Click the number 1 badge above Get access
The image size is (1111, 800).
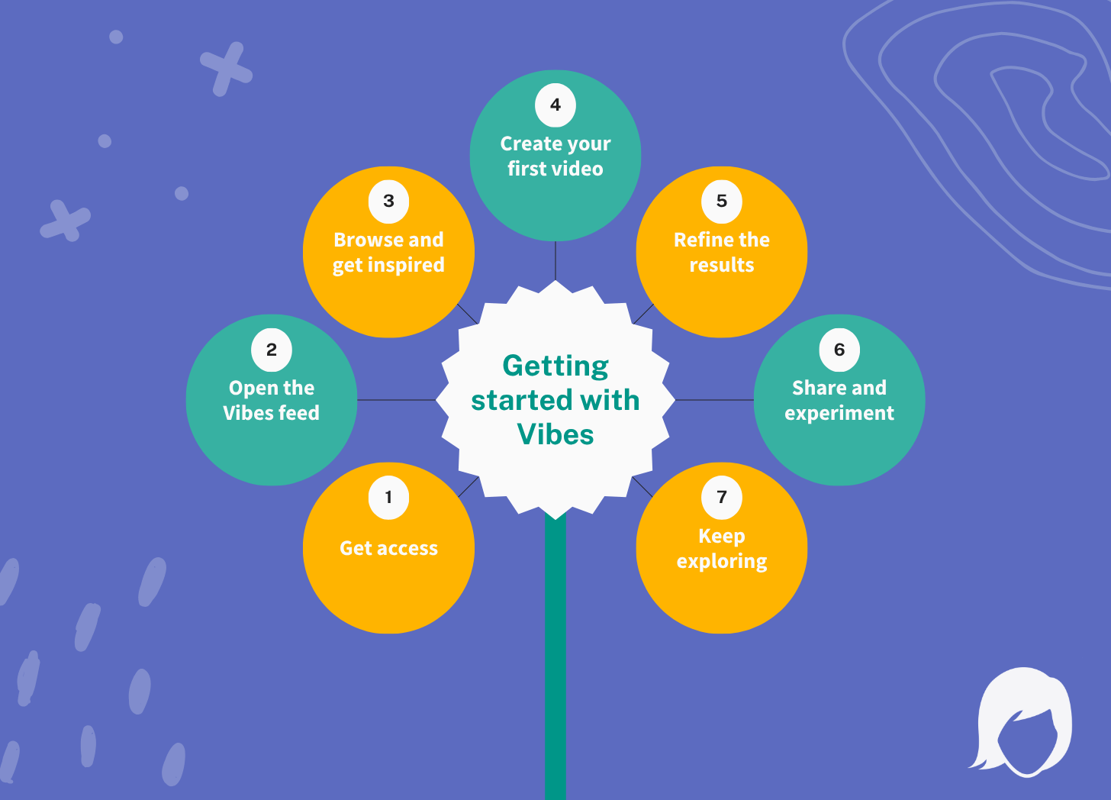[x=388, y=498]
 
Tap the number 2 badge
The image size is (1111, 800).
[x=272, y=350]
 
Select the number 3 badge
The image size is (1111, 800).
[x=388, y=202]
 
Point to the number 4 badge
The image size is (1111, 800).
[x=555, y=105]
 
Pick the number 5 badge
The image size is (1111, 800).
[x=722, y=202]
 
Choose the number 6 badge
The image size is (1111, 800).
[x=839, y=350]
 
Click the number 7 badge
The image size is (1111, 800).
[x=722, y=498]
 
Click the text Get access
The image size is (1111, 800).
[x=388, y=548]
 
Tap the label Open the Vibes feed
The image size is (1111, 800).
[x=272, y=400]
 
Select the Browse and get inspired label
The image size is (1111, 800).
[x=388, y=252]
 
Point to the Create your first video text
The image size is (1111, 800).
[x=555, y=156]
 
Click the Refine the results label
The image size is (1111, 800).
[x=722, y=252]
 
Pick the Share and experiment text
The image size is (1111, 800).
[x=839, y=400]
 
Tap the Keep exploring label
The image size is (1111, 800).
[x=722, y=548]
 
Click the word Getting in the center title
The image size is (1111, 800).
[x=555, y=366]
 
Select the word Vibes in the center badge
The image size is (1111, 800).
[x=555, y=434]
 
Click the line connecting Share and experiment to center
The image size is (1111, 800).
[x=714, y=400]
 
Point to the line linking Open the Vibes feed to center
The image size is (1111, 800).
[x=396, y=400]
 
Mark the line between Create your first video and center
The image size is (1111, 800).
[x=555, y=260]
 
